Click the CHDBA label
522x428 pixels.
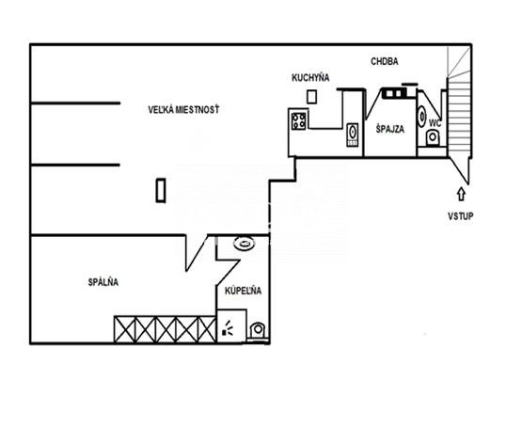(384, 62)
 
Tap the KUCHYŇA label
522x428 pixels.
(310, 78)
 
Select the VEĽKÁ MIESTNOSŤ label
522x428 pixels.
(183, 109)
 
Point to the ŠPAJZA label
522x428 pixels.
(389, 129)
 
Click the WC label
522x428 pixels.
(435, 123)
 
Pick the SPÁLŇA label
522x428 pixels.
(103, 282)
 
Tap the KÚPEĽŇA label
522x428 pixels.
(243, 291)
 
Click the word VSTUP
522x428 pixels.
(461, 216)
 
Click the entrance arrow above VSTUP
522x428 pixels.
(461, 194)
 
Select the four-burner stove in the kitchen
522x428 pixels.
(298, 121)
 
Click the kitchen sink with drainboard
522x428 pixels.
(352, 135)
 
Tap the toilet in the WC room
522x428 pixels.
(433, 138)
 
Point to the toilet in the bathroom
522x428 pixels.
(257, 330)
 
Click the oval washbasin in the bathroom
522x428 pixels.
(245, 244)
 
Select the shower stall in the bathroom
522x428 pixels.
(231, 325)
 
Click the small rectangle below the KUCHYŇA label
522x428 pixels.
(311, 97)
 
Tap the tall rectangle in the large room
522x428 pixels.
(161, 191)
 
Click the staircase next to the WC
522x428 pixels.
(459, 117)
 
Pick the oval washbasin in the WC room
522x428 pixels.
(421, 117)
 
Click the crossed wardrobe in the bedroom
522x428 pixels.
(166, 329)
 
